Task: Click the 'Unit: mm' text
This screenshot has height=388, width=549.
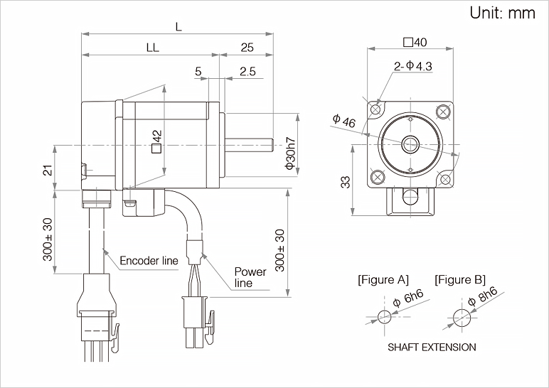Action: (x=501, y=14)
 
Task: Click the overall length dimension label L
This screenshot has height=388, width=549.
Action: (x=178, y=27)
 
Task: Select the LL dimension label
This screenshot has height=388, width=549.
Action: (x=151, y=48)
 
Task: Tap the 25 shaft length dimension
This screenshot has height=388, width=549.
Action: (x=247, y=48)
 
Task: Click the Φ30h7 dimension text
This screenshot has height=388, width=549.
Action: (x=289, y=153)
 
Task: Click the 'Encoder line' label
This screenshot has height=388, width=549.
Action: (x=149, y=261)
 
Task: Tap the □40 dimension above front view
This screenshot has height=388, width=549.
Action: (x=415, y=43)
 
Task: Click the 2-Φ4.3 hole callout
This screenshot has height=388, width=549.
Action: (x=413, y=67)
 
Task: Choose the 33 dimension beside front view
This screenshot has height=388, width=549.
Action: (x=346, y=182)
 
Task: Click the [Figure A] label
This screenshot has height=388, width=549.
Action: (x=383, y=279)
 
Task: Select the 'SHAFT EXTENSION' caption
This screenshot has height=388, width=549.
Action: (x=432, y=347)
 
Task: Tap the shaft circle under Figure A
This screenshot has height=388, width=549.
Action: (x=384, y=317)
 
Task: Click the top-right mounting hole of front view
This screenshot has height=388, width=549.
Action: (x=445, y=110)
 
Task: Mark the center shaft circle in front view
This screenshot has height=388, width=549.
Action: (x=410, y=144)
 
